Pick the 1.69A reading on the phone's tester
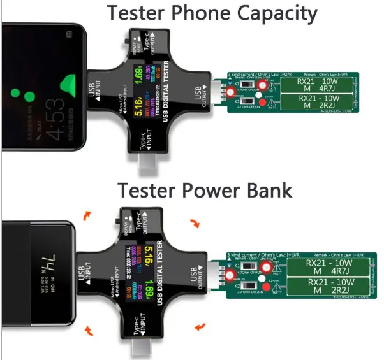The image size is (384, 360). coord(152,80)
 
